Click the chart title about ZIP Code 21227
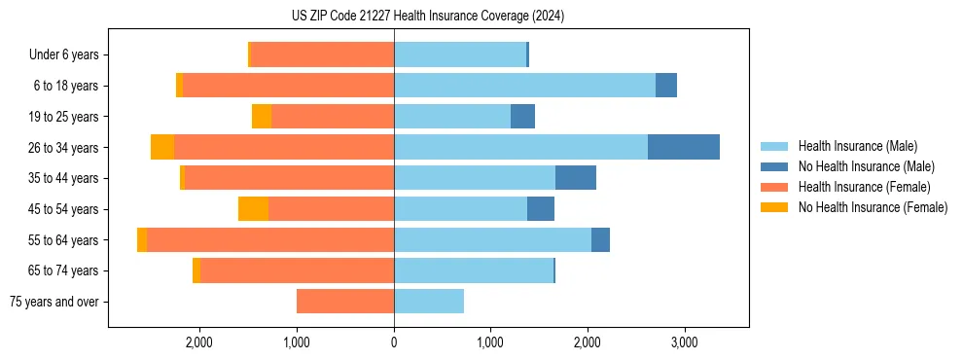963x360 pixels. click(x=427, y=17)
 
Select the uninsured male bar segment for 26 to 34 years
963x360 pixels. click(x=683, y=147)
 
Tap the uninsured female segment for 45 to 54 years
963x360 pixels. click(x=253, y=209)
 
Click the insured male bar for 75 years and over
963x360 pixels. click(x=429, y=302)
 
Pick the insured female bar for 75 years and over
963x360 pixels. click(x=345, y=302)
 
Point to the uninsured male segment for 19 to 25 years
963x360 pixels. click(x=522, y=117)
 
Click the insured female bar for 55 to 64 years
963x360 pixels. click(x=270, y=240)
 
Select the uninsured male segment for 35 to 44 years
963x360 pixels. click(x=575, y=178)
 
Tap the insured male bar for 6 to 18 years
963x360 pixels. click(x=524, y=86)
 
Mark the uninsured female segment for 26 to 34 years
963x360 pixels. click(x=162, y=147)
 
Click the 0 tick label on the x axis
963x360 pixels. click(x=394, y=342)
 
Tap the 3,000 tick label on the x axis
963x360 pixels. click(x=684, y=342)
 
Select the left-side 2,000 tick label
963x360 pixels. click(x=199, y=342)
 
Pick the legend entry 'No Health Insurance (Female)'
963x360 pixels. click(x=873, y=207)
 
